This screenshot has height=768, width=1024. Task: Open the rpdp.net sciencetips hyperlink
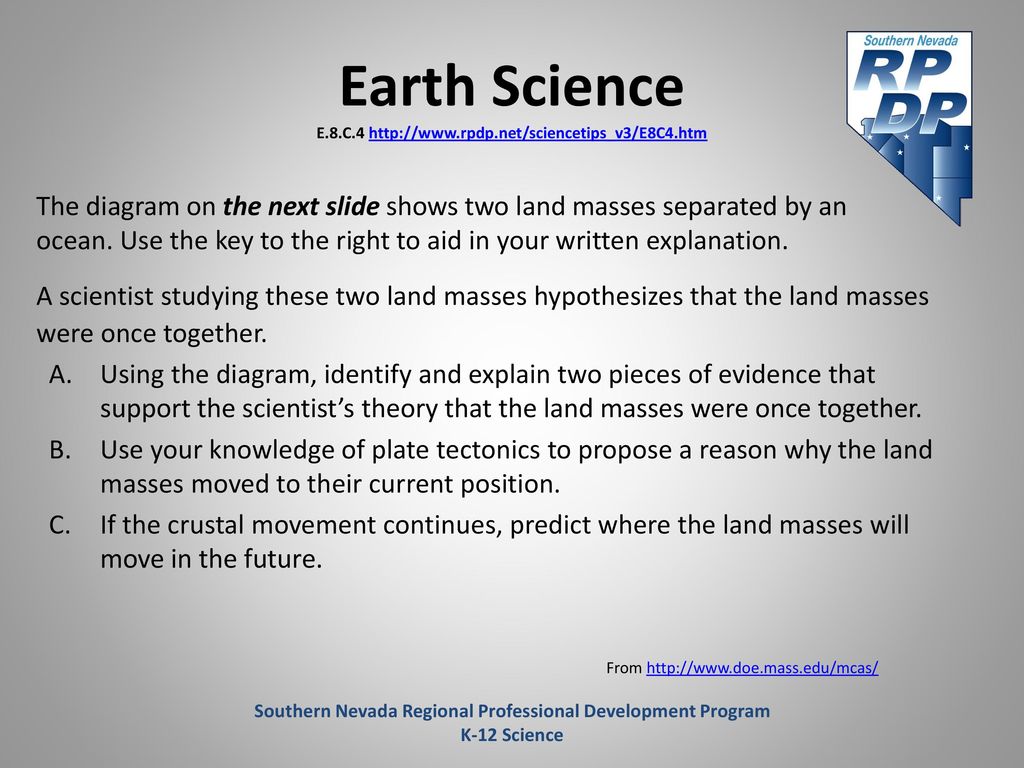point(537,133)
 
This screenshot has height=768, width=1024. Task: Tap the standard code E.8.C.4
point(340,133)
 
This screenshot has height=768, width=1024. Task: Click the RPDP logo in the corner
point(910,128)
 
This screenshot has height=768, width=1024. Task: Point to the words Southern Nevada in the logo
point(910,40)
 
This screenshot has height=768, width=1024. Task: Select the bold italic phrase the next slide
point(301,206)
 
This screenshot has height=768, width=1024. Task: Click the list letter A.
point(60,375)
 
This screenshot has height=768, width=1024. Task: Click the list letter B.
point(60,450)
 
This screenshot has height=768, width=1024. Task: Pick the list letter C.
point(60,525)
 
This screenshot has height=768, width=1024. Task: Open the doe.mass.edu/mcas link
point(762,668)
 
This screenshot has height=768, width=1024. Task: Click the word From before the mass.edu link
point(624,668)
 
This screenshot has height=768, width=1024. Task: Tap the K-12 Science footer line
point(512,735)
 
